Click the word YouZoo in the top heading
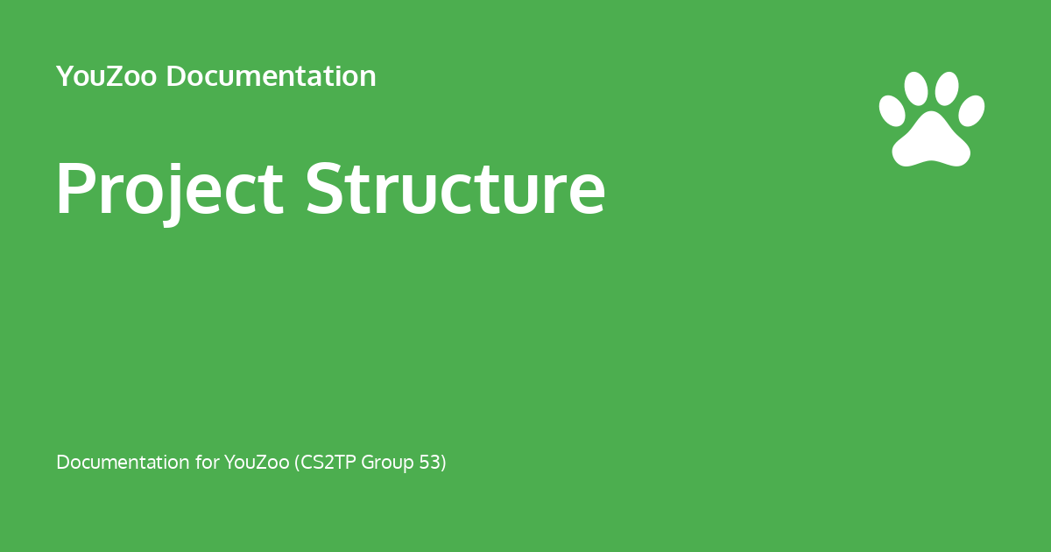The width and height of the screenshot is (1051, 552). (x=106, y=77)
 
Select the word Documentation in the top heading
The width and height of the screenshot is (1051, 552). (x=271, y=77)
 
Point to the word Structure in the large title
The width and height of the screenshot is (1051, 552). (x=455, y=189)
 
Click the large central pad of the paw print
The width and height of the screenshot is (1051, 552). (x=930, y=142)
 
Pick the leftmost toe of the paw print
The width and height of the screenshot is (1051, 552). (x=892, y=110)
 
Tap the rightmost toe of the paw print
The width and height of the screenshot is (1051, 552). (x=971, y=110)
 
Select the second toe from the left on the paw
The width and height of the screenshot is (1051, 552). (x=916, y=88)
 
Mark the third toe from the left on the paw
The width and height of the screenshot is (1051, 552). (x=947, y=88)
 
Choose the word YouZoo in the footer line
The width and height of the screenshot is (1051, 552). (x=256, y=463)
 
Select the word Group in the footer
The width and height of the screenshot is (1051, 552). (x=387, y=463)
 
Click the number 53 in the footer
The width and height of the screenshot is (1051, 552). (x=431, y=463)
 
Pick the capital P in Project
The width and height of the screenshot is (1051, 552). (x=74, y=189)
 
